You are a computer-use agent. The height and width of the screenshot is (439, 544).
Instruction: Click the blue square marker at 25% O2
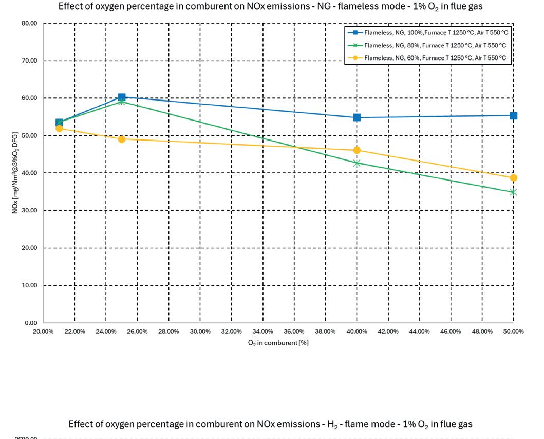tap(121, 97)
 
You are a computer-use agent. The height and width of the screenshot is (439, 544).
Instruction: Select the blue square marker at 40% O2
tap(357, 117)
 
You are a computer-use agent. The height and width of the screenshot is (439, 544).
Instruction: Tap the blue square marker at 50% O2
tap(514, 116)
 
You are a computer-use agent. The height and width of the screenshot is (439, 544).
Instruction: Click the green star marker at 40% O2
tap(357, 163)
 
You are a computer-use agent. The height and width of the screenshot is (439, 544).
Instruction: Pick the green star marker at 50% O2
tap(514, 192)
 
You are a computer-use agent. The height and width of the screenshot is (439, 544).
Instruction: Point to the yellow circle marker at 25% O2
tap(121, 139)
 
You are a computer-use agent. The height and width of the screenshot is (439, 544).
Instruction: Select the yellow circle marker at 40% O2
tap(357, 150)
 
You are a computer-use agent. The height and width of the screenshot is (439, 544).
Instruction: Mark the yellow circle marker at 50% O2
tap(514, 178)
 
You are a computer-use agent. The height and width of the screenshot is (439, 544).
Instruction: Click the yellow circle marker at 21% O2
tap(59, 129)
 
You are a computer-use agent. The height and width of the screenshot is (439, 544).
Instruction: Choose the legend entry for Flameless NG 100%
tap(428, 33)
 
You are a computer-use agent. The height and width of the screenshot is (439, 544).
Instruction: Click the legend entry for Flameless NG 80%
tap(427, 46)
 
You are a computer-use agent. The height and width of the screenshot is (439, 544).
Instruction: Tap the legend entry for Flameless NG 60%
tap(427, 58)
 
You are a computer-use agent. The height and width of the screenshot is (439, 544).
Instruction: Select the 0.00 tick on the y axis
tap(31, 323)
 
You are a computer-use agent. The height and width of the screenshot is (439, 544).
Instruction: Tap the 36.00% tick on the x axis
tap(294, 332)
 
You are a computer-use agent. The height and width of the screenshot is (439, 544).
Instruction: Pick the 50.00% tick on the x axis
tap(514, 332)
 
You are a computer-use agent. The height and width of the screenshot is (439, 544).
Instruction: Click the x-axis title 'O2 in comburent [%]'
tap(278, 343)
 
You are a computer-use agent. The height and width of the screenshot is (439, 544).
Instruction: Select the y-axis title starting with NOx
tap(15, 173)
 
